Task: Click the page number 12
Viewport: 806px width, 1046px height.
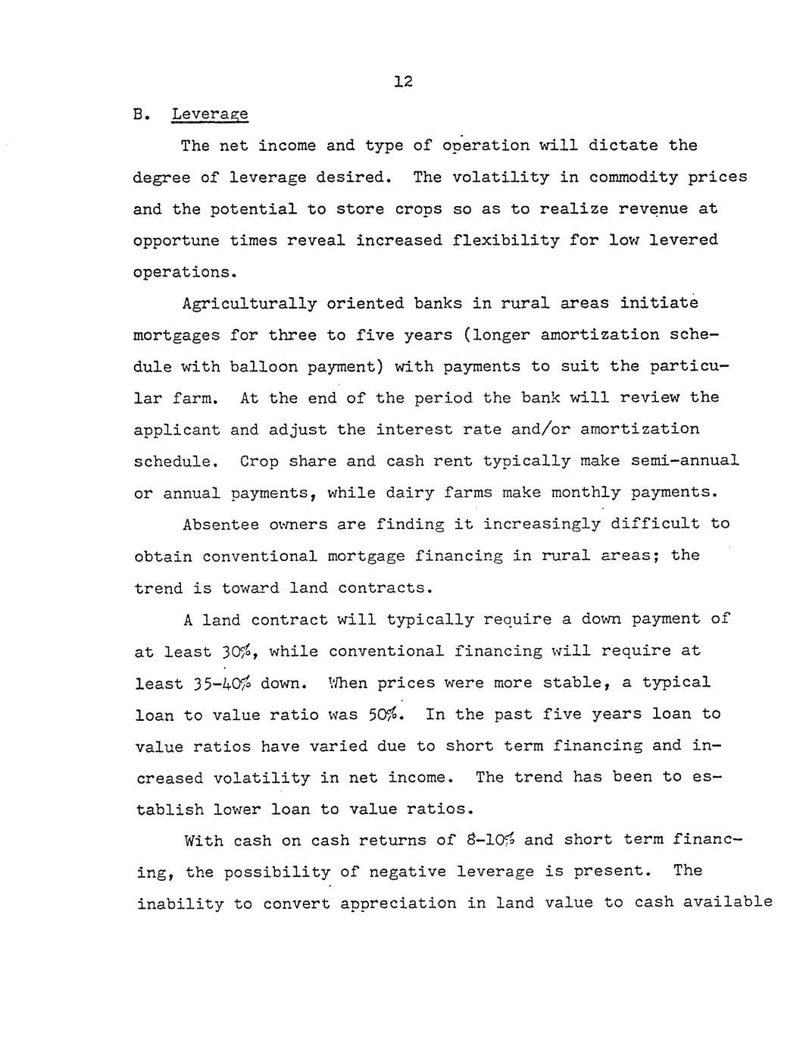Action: [402, 82]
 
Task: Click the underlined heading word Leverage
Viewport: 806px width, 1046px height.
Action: [210, 114]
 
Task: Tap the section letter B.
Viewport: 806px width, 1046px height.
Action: [139, 114]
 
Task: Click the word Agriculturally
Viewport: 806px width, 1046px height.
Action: [249, 304]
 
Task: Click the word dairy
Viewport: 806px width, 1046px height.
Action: [409, 493]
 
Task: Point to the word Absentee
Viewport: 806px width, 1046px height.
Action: [220, 525]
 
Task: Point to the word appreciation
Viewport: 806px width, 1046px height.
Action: [398, 904]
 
